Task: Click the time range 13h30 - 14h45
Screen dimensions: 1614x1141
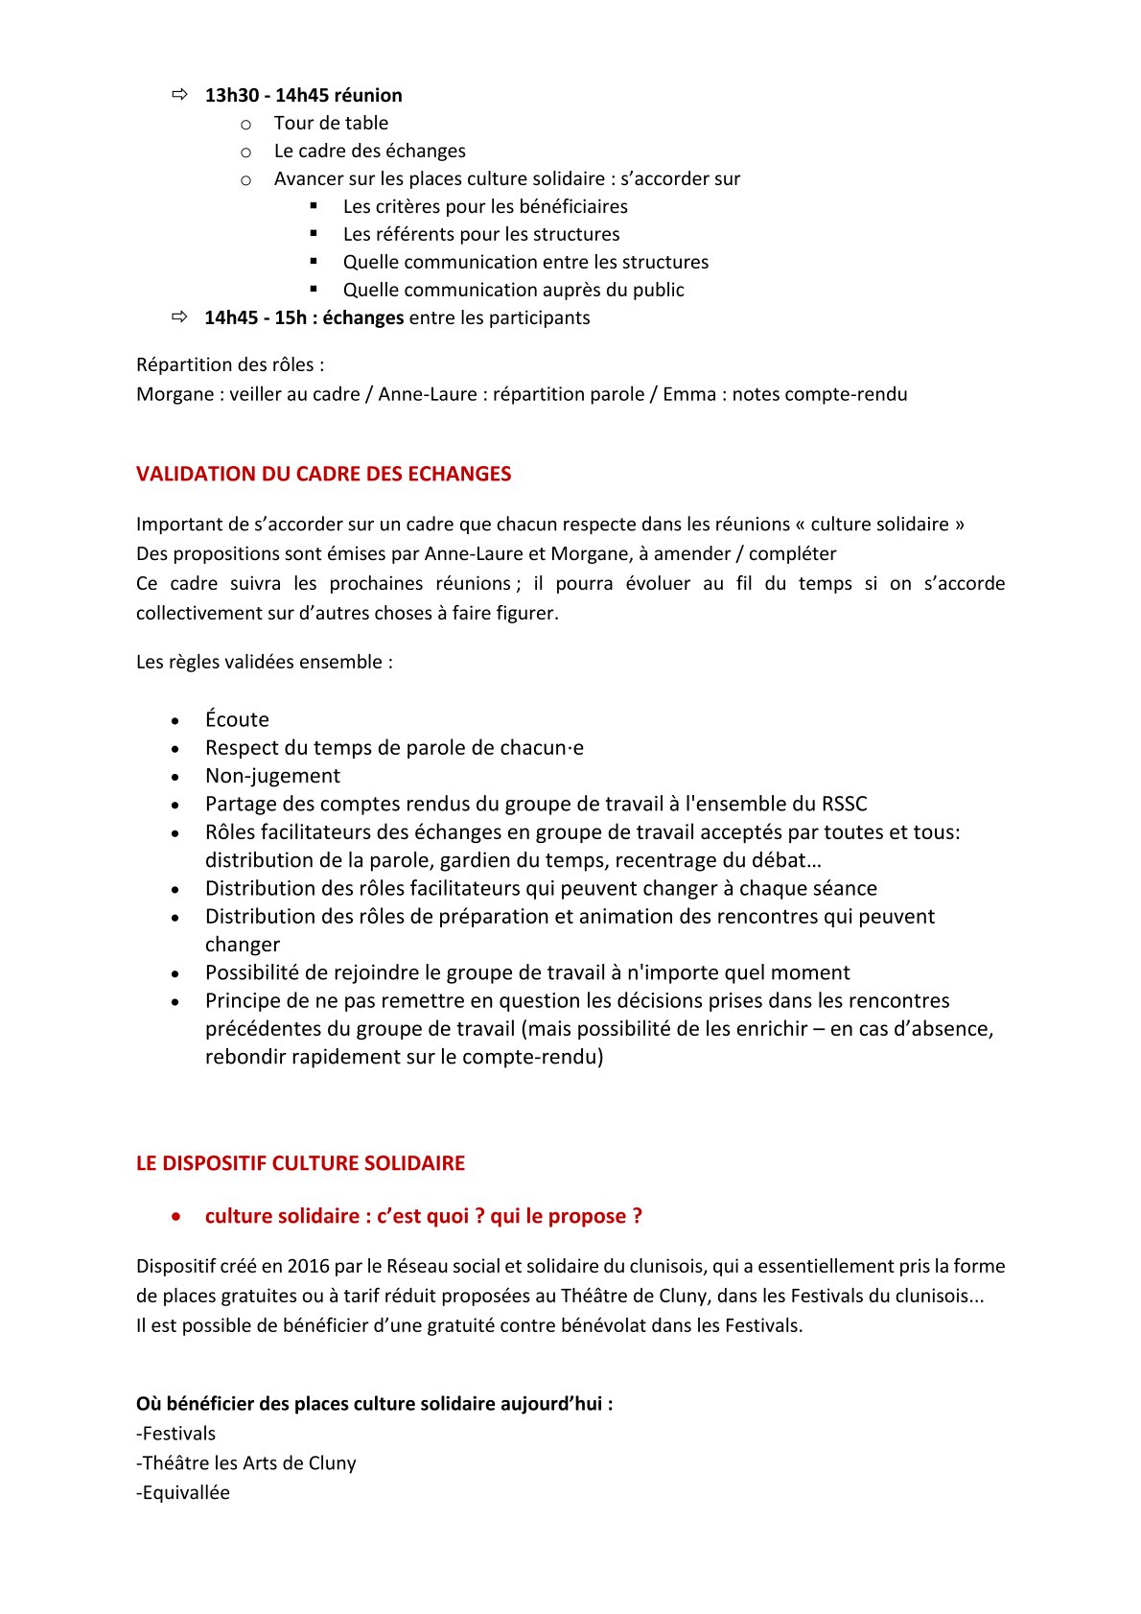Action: tap(267, 95)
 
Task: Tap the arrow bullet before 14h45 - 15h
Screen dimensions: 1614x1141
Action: tap(179, 316)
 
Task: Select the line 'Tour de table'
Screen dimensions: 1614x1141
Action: tap(331, 123)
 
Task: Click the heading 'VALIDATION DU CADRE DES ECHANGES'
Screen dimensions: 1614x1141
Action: tap(323, 474)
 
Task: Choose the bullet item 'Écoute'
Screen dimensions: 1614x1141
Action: tap(237, 719)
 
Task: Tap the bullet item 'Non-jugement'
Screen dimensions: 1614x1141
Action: tap(272, 776)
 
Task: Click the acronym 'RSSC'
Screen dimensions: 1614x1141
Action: tap(844, 804)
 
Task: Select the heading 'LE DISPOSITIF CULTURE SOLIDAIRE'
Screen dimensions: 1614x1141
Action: tap(300, 1163)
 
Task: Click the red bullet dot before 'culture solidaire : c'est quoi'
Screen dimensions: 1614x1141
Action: tap(175, 1216)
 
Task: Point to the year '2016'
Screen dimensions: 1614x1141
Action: tap(308, 1266)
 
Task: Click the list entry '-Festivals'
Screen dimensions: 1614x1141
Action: tap(176, 1434)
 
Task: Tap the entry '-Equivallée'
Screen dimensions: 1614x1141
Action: tap(183, 1492)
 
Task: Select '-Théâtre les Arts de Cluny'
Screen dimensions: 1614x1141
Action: tap(246, 1462)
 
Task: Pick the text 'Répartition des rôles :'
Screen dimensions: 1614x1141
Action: tap(230, 364)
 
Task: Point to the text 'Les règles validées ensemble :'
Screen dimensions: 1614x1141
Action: tap(265, 662)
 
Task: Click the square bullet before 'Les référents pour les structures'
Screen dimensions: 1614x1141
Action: tap(314, 233)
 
